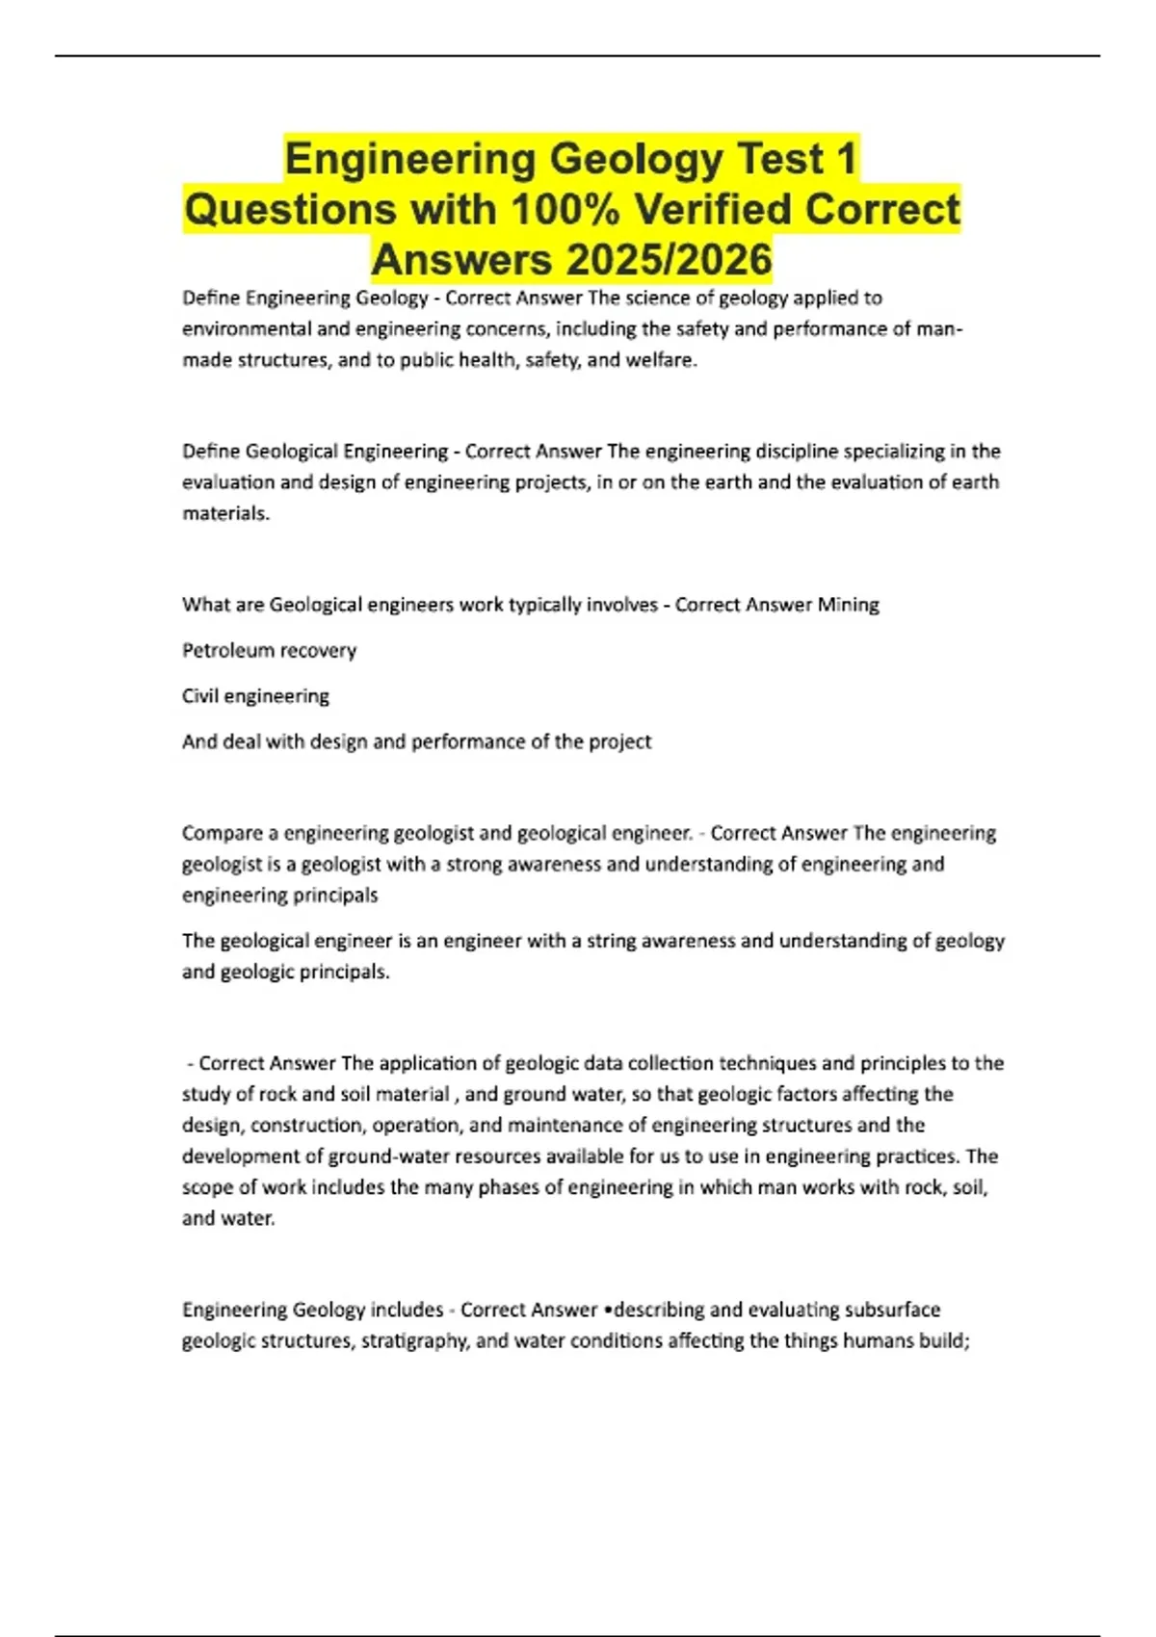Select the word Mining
[848, 605]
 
